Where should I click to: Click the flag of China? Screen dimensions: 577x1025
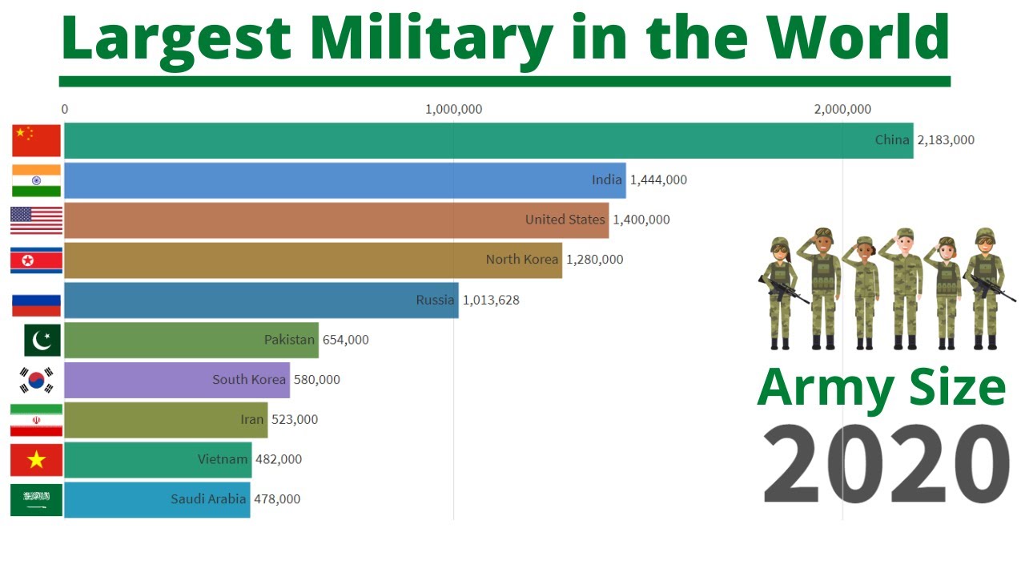pos(36,140)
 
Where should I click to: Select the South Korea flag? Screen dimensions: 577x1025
pos(36,380)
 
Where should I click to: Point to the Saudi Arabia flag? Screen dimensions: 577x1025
pos(36,499)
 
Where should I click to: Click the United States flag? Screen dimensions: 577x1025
pos(36,220)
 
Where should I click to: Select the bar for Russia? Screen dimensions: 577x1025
pos(260,301)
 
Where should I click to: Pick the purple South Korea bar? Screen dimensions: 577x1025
pos(176,380)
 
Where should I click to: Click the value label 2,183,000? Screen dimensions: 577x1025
pos(946,140)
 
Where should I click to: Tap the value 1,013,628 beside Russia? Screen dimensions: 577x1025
pos(491,301)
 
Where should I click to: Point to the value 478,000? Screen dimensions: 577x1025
pos(277,499)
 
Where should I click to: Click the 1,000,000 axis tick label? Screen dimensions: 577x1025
pos(453,109)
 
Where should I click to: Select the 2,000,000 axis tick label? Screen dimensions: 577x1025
pos(842,109)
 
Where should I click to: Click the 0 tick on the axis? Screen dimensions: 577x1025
pos(65,109)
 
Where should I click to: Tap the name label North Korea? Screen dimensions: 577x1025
pos(521,260)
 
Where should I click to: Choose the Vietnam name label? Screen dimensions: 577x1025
pos(223,459)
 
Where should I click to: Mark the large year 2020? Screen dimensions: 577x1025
pos(886,465)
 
